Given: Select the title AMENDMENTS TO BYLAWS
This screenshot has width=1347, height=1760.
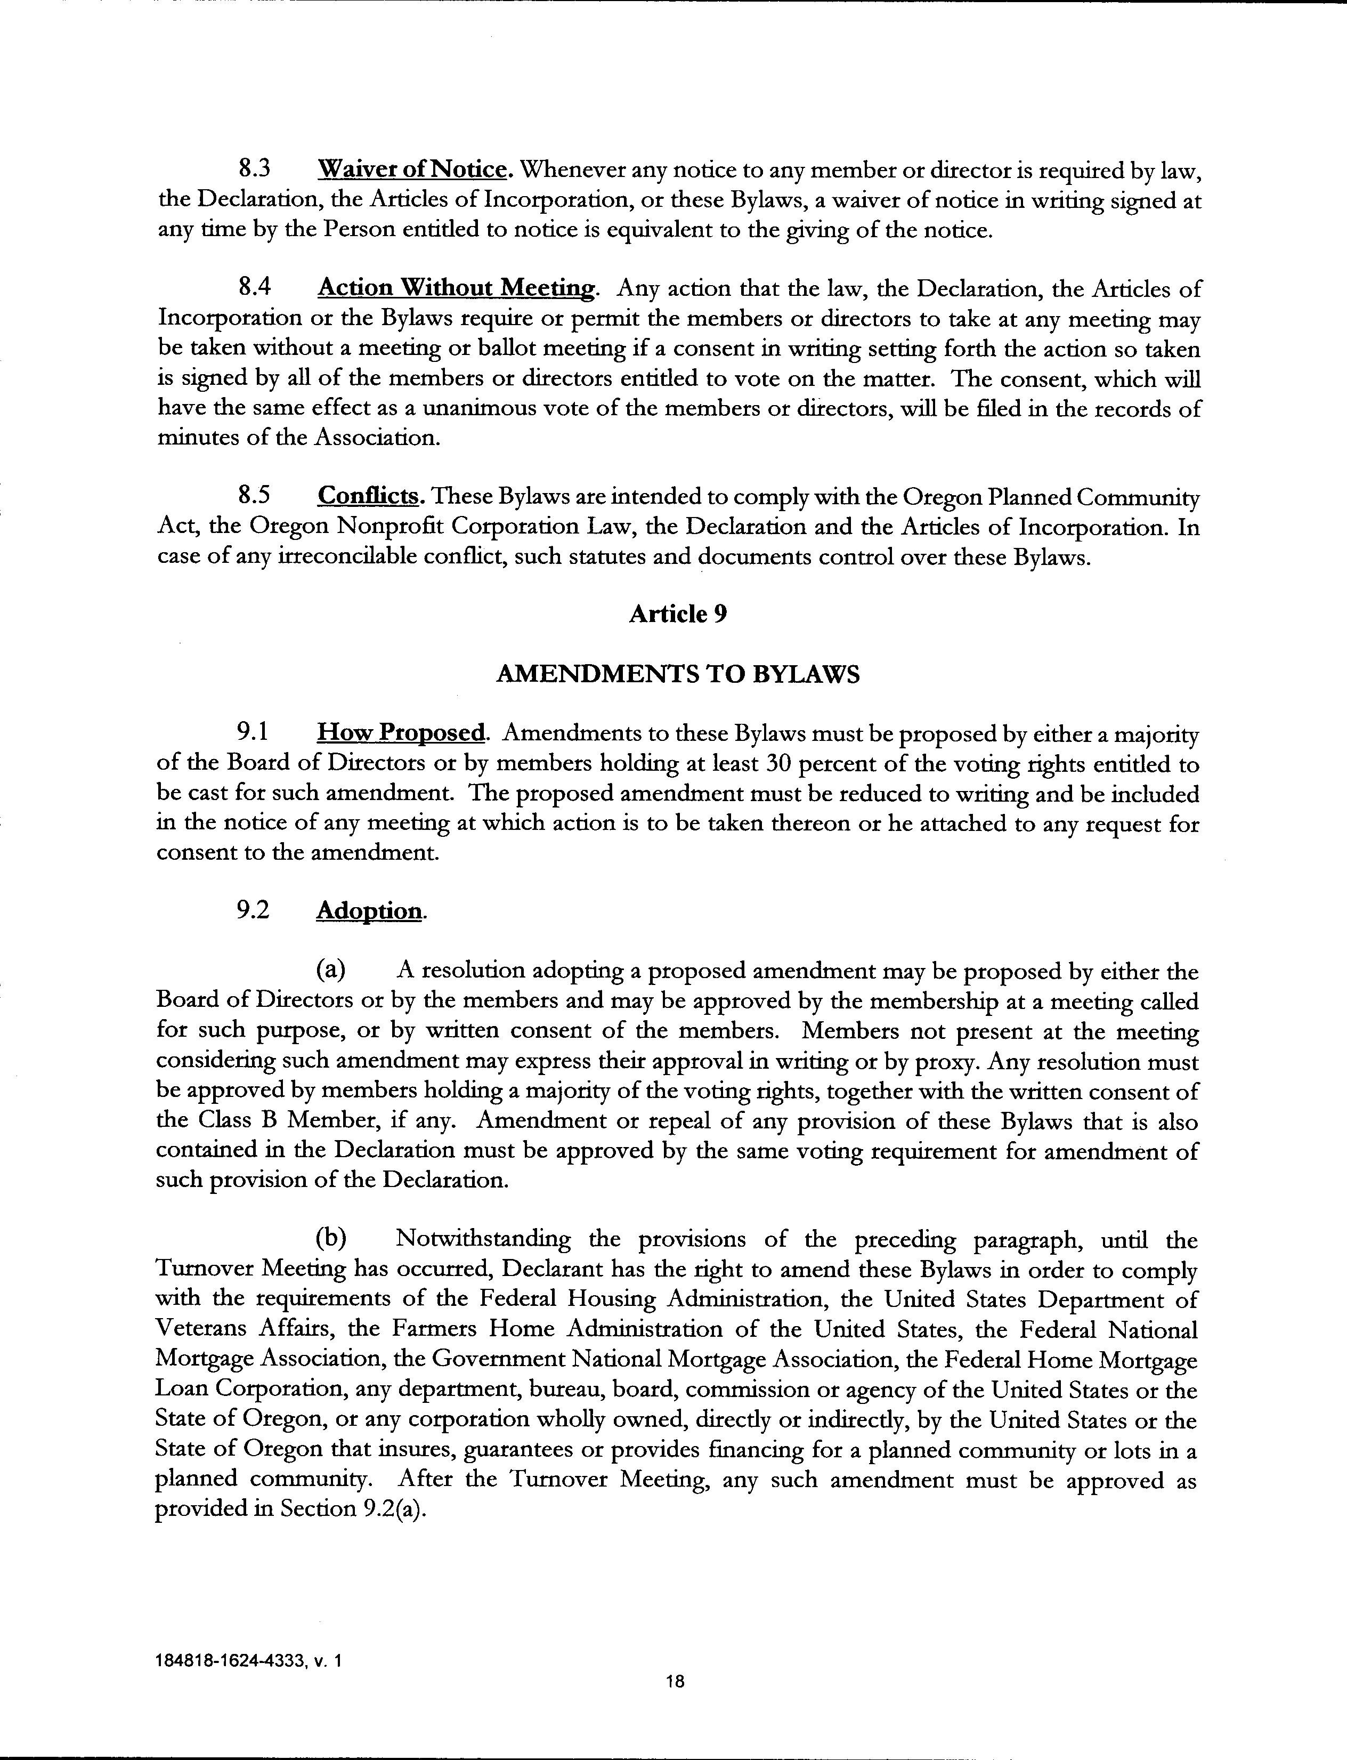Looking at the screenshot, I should click(x=678, y=674).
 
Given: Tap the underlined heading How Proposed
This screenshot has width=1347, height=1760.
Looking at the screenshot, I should click(x=401, y=733).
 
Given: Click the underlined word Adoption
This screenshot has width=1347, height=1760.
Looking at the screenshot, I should click(x=369, y=911).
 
